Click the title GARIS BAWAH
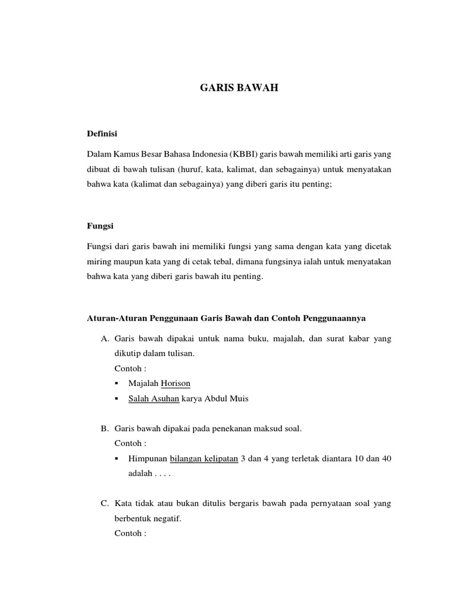[238, 89]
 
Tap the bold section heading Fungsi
[101, 227]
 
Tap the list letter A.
[105, 338]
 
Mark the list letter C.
[105, 504]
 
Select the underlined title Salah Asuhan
[154, 398]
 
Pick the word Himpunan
[148, 459]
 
